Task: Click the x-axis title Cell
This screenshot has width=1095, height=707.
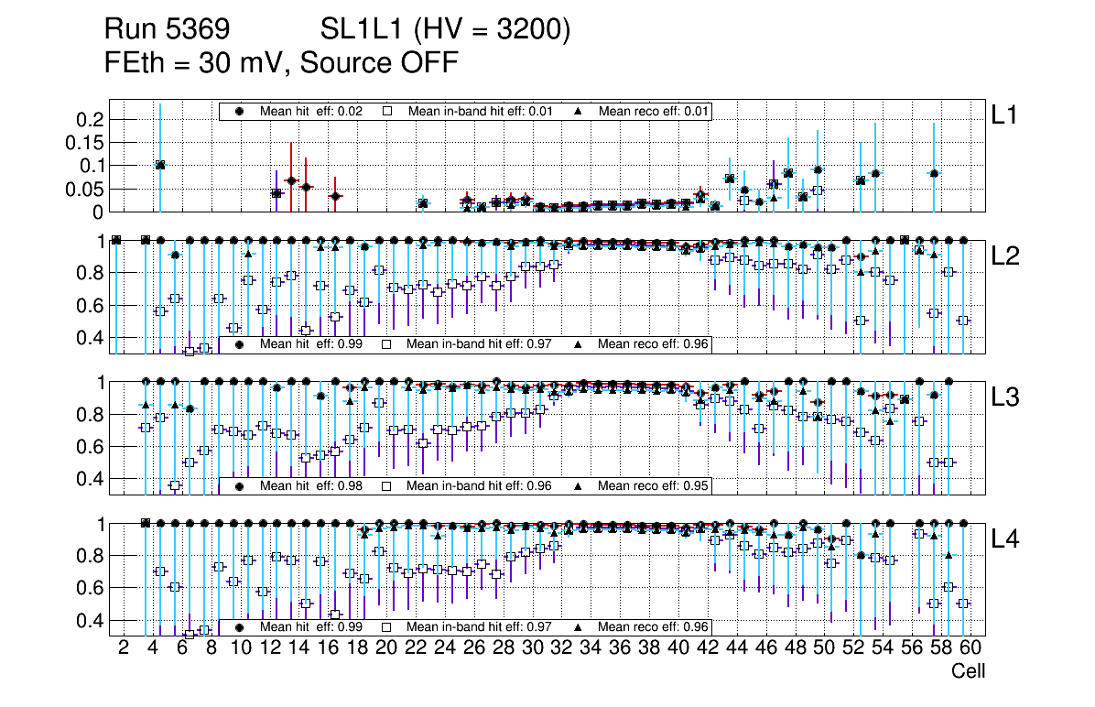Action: (968, 671)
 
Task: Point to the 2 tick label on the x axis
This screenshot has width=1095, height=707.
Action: (124, 649)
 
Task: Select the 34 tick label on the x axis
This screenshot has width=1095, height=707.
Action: (591, 649)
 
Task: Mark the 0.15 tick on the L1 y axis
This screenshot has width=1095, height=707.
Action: (83, 143)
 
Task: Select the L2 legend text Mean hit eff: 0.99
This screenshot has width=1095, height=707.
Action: (311, 345)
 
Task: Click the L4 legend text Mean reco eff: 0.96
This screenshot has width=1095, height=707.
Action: (654, 627)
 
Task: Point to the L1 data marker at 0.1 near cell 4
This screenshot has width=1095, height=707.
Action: (160, 165)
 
